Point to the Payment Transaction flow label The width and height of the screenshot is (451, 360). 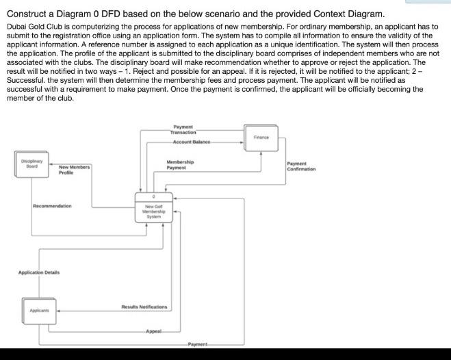183,129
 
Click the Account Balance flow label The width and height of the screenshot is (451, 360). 191,142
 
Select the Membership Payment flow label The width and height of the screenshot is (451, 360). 179,164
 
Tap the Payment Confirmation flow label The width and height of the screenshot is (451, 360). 300,166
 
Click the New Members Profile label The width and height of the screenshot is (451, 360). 74,170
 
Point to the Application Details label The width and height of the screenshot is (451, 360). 38,272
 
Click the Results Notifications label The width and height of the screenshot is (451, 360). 144,307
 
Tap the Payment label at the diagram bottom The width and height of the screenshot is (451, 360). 197,344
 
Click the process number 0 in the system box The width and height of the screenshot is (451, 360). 153,197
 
